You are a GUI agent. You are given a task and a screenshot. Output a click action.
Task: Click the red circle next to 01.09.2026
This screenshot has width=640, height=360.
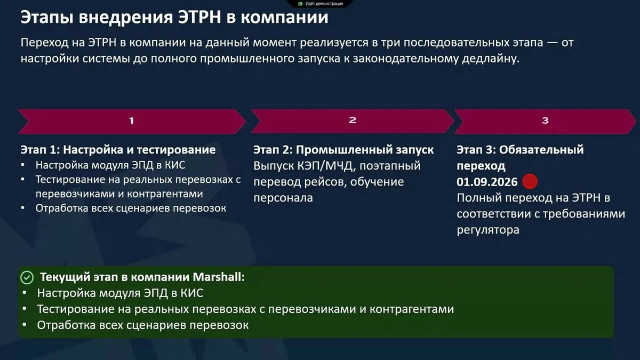530,181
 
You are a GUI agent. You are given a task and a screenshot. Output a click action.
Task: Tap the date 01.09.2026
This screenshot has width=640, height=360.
487,182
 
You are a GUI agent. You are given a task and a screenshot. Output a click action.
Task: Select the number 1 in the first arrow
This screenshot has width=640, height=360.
131,121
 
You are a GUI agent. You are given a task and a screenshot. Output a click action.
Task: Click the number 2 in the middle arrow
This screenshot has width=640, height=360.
353,120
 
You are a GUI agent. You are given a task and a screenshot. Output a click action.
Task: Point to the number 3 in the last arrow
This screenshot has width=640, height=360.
545,121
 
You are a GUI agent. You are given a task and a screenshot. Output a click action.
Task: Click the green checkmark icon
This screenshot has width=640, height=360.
27,277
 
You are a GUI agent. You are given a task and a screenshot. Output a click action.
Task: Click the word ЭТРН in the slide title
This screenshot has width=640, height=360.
199,17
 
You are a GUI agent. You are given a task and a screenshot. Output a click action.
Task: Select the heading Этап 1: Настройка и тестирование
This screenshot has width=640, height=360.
118,150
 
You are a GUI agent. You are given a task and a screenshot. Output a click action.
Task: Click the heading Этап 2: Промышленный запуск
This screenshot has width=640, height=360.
343,150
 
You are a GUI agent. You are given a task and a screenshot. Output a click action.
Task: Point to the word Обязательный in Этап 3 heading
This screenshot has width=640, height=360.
541,150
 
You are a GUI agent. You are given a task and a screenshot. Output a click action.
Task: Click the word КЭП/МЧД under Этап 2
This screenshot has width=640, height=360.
326,166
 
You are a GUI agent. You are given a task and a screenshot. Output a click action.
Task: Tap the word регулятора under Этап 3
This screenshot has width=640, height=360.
488,230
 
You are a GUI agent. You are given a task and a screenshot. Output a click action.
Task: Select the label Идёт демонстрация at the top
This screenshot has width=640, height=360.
324,4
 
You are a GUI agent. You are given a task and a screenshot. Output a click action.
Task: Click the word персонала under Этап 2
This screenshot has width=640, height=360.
283,198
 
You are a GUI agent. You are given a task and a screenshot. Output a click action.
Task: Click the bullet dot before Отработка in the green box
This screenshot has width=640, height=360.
25,325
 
